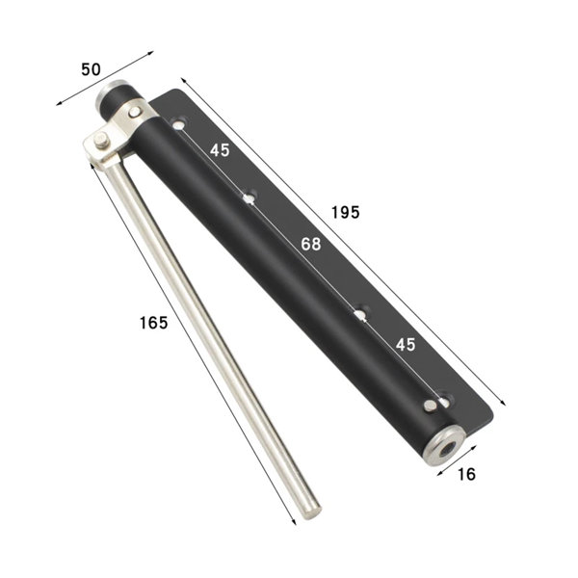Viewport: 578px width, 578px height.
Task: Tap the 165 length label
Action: (x=153, y=323)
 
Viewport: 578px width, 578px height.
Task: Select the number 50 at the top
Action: (x=92, y=69)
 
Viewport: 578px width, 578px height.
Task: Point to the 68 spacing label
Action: (x=310, y=245)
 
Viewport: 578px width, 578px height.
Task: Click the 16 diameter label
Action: (x=466, y=474)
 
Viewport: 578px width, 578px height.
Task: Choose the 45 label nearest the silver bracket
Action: (x=220, y=150)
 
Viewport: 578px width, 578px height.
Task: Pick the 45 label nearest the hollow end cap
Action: (x=406, y=344)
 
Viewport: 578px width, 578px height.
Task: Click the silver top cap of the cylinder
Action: (x=111, y=96)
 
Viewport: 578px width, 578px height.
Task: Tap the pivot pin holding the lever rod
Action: (x=101, y=144)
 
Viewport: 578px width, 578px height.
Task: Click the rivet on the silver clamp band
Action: (x=135, y=113)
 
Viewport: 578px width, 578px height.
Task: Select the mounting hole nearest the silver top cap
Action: (x=178, y=124)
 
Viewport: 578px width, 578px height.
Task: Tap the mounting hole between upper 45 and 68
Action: (x=249, y=198)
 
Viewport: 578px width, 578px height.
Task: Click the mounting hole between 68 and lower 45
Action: (x=361, y=314)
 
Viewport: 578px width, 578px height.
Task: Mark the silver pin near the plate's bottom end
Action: (x=429, y=406)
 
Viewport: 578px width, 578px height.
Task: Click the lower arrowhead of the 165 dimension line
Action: (x=294, y=522)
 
